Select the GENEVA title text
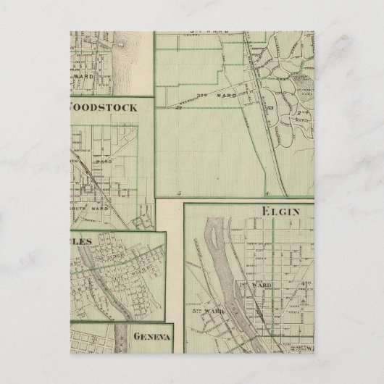click(x=151, y=337)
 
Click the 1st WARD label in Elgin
click(x=262, y=286)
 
